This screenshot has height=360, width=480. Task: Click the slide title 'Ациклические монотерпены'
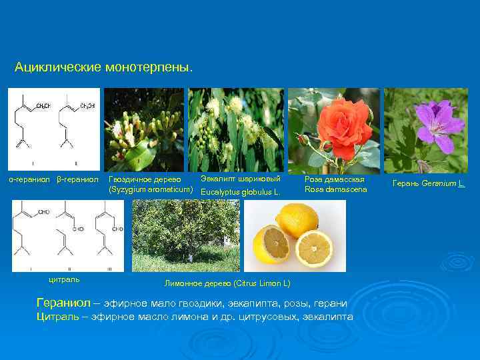point(103,68)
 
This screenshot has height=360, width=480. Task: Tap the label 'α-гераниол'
point(29,180)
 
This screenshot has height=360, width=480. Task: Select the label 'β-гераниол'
point(78,180)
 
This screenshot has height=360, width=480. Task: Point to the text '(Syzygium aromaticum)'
point(151,191)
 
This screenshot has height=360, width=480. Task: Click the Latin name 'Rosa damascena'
point(336,190)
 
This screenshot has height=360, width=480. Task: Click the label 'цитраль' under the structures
point(64,279)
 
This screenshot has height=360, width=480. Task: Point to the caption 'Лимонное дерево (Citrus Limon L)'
point(227,283)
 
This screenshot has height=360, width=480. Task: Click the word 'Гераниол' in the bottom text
point(63,303)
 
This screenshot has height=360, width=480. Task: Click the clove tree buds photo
point(145,129)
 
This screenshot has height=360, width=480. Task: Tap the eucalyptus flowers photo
point(235,129)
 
